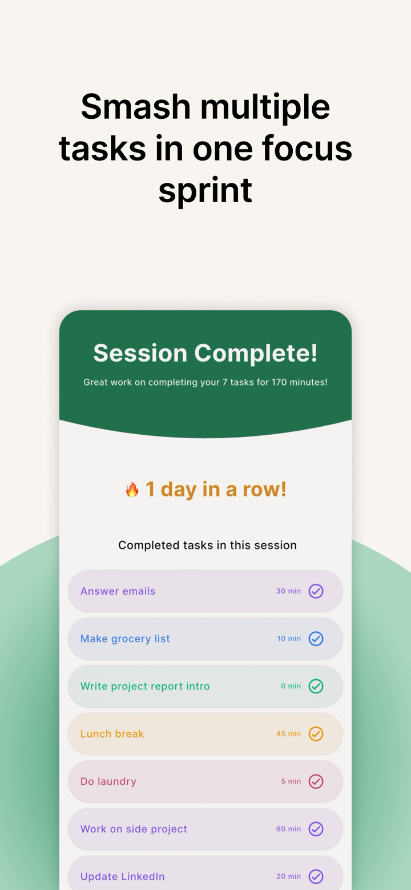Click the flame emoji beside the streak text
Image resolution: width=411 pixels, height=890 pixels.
tap(132, 490)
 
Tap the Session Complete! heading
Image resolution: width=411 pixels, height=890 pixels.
tap(205, 353)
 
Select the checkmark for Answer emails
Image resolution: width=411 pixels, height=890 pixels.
tap(316, 591)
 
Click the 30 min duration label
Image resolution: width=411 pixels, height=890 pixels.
tap(288, 591)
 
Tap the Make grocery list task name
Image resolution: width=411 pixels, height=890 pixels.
tap(125, 639)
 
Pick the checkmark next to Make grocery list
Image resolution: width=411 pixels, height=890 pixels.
tap(316, 639)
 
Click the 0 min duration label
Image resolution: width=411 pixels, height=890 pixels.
tap(291, 686)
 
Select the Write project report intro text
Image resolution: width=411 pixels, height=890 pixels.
tap(145, 686)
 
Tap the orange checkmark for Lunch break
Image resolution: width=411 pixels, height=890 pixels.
tap(316, 733)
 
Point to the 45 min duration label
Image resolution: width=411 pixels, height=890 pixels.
tap(288, 733)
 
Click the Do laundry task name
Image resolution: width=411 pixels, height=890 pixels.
tap(108, 781)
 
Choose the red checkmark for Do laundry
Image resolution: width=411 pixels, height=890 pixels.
tap(316, 781)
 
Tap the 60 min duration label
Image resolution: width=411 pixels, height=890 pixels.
tap(288, 829)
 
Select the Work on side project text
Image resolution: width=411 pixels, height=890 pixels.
tap(134, 829)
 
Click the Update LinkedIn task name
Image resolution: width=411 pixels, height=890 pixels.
tap(122, 876)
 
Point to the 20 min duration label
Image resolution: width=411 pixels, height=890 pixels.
tap(288, 876)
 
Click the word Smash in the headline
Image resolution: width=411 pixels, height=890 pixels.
tap(135, 107)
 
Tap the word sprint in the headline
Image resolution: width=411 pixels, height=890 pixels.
tap(205, 190)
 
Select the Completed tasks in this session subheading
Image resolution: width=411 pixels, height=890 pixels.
tap(207, 545)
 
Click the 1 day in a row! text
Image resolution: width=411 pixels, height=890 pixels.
tap(216, 490)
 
